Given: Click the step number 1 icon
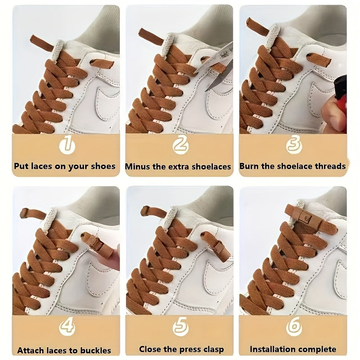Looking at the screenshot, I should tap(66, 145).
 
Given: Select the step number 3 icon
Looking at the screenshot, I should tap(293, 145).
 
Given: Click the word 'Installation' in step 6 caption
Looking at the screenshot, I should tap(273, 349).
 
